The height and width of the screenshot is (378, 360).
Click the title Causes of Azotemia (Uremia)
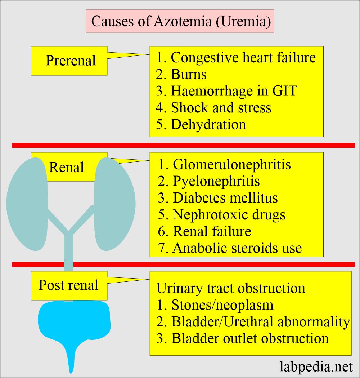180,21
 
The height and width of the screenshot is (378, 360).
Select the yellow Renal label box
67,167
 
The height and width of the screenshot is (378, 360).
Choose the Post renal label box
69,285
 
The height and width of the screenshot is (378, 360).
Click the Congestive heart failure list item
236,57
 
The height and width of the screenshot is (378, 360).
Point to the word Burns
189,74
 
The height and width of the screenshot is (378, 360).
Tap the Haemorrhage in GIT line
227,91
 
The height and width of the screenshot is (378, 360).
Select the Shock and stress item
214,107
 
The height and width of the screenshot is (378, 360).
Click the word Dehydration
208,124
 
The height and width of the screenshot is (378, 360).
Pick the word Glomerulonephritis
232,164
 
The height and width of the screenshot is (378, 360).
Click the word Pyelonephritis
216,181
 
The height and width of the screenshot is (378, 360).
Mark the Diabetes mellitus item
225,198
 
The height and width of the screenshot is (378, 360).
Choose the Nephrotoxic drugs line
229,215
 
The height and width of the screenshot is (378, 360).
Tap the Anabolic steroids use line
237,248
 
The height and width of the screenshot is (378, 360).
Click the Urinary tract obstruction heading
231,288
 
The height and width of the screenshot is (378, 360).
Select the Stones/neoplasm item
222,305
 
